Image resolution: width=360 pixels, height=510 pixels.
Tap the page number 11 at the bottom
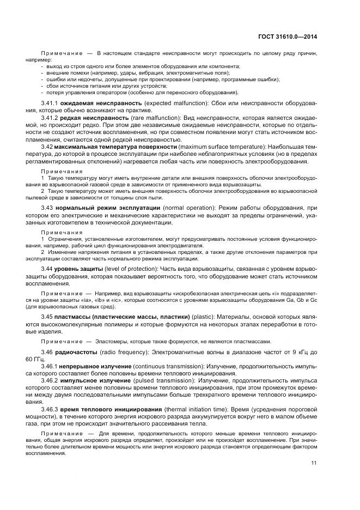(x=314, y=463)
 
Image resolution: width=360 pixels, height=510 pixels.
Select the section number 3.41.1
(x=50, y=102)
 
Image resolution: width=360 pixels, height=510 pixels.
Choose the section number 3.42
(x=46, y=147)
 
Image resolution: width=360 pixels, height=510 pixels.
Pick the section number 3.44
(x=46, y=268)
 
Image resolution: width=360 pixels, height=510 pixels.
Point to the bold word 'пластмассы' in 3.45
(x=74, y=317)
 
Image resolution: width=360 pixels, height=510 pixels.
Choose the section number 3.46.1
(x=50, y=367)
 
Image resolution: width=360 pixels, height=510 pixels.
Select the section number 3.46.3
(x=50, y=409)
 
